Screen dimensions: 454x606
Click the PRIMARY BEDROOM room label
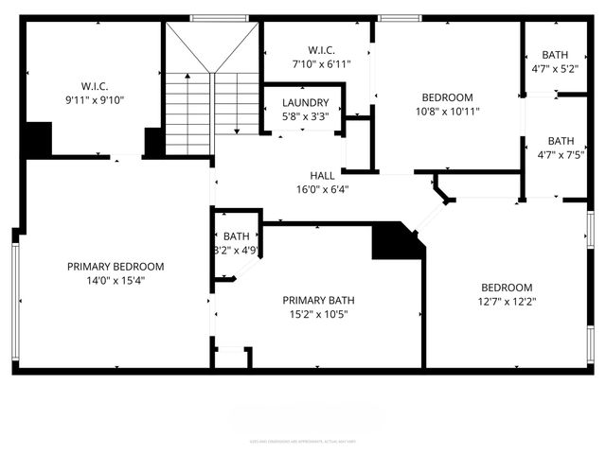(x=116, y=267)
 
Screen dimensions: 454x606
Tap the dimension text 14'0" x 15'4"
(x=116, y=280)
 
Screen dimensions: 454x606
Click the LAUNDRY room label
(x=305, y=103)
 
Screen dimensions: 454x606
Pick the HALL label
(x=322, y=176)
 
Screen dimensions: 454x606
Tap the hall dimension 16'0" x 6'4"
(x=322, y=189)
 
